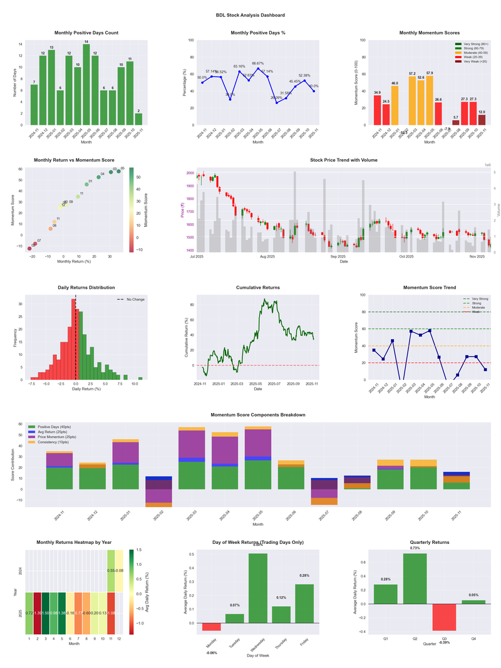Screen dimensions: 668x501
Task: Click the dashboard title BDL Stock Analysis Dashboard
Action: tap(250, 15)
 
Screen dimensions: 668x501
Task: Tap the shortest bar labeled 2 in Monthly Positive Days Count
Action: tap(138, 119)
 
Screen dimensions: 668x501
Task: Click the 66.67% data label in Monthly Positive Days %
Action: tap(258, 63)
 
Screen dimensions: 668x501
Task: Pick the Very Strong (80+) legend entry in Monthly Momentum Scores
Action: tap(474, 44)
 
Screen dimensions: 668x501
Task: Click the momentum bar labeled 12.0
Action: tap(481, 120)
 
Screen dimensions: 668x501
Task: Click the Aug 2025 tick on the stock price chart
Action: tap(267, 256)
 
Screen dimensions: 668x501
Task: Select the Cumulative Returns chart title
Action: tap(257, 288)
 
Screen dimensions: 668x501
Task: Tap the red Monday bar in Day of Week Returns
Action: tap(211, 627)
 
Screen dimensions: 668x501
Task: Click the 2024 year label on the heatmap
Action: tap(21, 571)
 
